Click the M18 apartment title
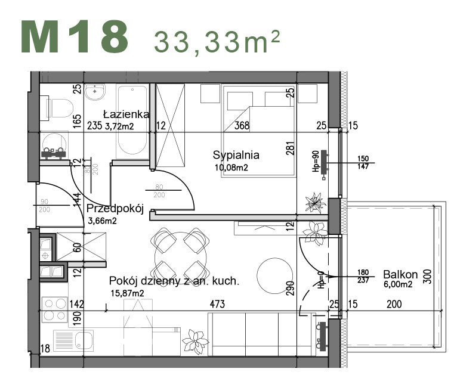point(75,37)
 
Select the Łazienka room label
point(126,114)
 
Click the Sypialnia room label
point(236,155)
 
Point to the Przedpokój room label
point(115,209)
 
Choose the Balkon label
point(400,275)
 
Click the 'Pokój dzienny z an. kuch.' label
point(174,281)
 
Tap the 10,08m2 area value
point(231,168)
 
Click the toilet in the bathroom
point(58,107)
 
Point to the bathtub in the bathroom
point(131,119)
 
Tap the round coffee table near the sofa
point(275,275)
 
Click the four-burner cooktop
point(55,309)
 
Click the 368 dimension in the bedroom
point(241,126)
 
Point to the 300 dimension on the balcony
point(426,275)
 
